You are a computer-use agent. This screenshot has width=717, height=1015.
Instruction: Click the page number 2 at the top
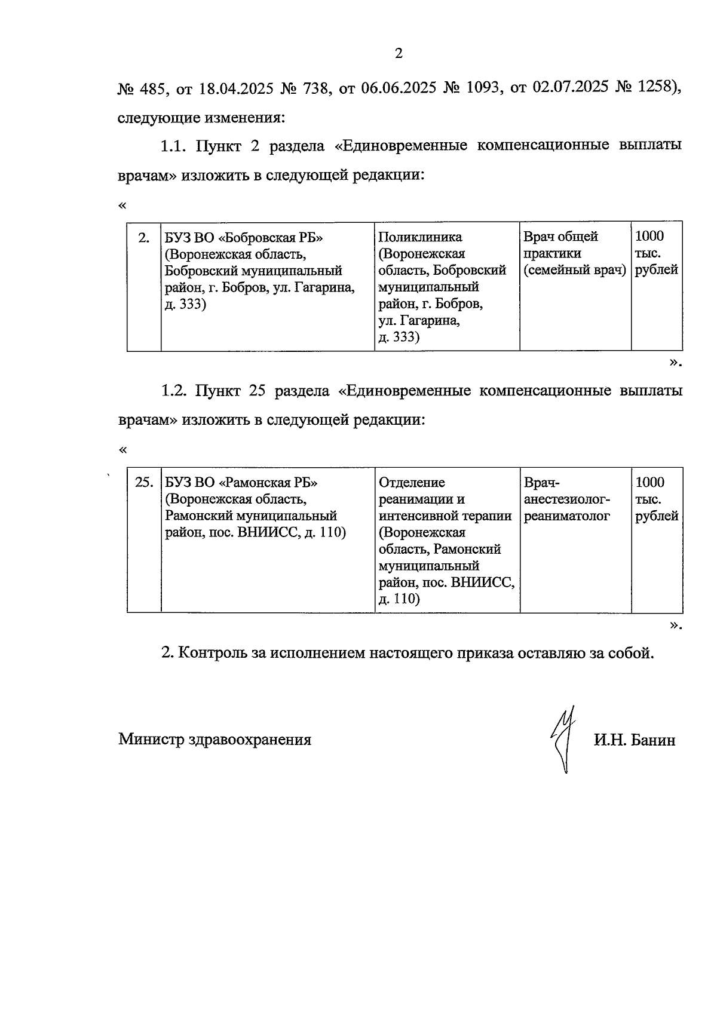click(399, 54)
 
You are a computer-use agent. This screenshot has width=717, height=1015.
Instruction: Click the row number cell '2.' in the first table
click(144, 238)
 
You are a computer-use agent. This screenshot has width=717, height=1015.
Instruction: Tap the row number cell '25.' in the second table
click(144, 483)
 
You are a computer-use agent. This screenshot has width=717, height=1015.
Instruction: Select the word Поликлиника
click(420, 237)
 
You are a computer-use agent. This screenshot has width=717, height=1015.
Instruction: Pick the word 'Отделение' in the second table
click(412, 483)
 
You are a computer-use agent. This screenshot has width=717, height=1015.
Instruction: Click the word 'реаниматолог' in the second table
click(566, 516)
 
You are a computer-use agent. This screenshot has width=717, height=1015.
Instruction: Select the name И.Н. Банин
click(635, 740)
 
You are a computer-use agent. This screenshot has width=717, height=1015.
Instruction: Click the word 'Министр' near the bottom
click(151, 740)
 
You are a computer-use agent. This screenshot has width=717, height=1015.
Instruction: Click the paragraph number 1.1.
click(173, 146)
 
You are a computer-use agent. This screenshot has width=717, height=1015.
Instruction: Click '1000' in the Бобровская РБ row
click(649, 237)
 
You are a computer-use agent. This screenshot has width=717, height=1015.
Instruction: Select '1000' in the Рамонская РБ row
click(649, 483)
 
